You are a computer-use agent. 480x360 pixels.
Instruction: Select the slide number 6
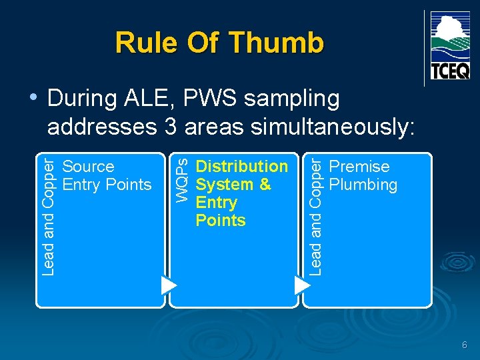click(465, 345)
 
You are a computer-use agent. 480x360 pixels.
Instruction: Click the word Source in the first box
click(88, 167)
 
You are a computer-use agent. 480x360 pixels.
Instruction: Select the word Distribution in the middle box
click(241, 167)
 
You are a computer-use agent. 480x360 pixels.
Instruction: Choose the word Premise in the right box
click(359, 167)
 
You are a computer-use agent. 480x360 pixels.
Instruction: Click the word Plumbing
click(363, 185)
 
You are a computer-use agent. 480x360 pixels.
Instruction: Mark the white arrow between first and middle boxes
click(169, 285)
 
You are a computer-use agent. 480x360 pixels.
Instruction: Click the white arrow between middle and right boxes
click(303, 285)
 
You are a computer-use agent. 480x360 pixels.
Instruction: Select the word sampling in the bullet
click(291, 99)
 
